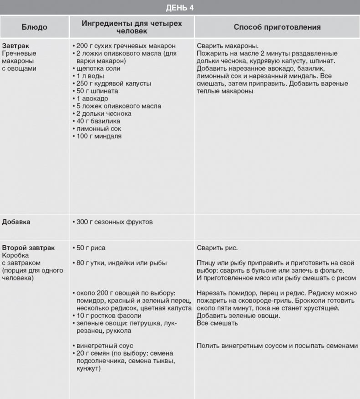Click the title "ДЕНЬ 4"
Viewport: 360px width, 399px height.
(x=180, y=7)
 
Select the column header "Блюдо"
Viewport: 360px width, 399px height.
(x=35, y=27)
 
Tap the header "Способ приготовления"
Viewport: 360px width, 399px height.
(x=277, y=27)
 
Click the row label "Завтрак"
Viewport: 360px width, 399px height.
(x=16, y=46)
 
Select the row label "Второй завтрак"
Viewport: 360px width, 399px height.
(x=28, y=248)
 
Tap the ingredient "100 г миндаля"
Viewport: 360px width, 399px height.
(x=98, y=136)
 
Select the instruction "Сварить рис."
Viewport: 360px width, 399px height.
(x=217, y=248)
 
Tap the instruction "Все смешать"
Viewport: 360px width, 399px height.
(x=217, y=323)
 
